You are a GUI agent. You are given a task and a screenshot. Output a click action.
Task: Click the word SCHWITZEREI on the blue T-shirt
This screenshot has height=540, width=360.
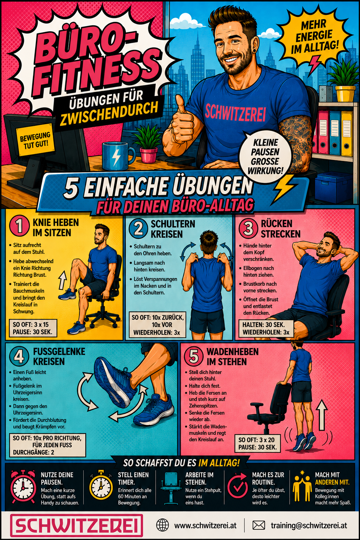235,113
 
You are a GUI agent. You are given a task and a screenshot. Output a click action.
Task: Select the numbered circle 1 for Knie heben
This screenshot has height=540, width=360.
19,226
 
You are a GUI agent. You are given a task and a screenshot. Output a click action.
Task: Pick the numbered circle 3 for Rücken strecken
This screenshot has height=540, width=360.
248,228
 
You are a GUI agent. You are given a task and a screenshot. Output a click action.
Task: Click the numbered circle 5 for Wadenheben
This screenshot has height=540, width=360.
194,356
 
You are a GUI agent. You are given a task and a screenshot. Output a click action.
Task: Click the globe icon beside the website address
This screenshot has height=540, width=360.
163,525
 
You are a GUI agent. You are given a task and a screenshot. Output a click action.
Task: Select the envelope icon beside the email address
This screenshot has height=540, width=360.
259,525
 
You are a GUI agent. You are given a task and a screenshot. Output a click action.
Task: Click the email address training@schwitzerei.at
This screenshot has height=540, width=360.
309,525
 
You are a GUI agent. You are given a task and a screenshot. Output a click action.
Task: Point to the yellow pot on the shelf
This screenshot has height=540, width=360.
345,94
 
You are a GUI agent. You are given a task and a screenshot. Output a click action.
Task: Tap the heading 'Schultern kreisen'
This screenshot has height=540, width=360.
173,229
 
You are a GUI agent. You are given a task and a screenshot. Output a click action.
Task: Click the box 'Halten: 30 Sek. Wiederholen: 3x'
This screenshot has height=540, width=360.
266,328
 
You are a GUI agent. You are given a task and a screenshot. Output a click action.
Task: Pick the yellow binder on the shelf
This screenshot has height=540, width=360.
347,133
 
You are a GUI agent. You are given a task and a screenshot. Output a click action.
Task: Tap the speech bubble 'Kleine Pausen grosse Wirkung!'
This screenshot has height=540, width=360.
265,156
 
